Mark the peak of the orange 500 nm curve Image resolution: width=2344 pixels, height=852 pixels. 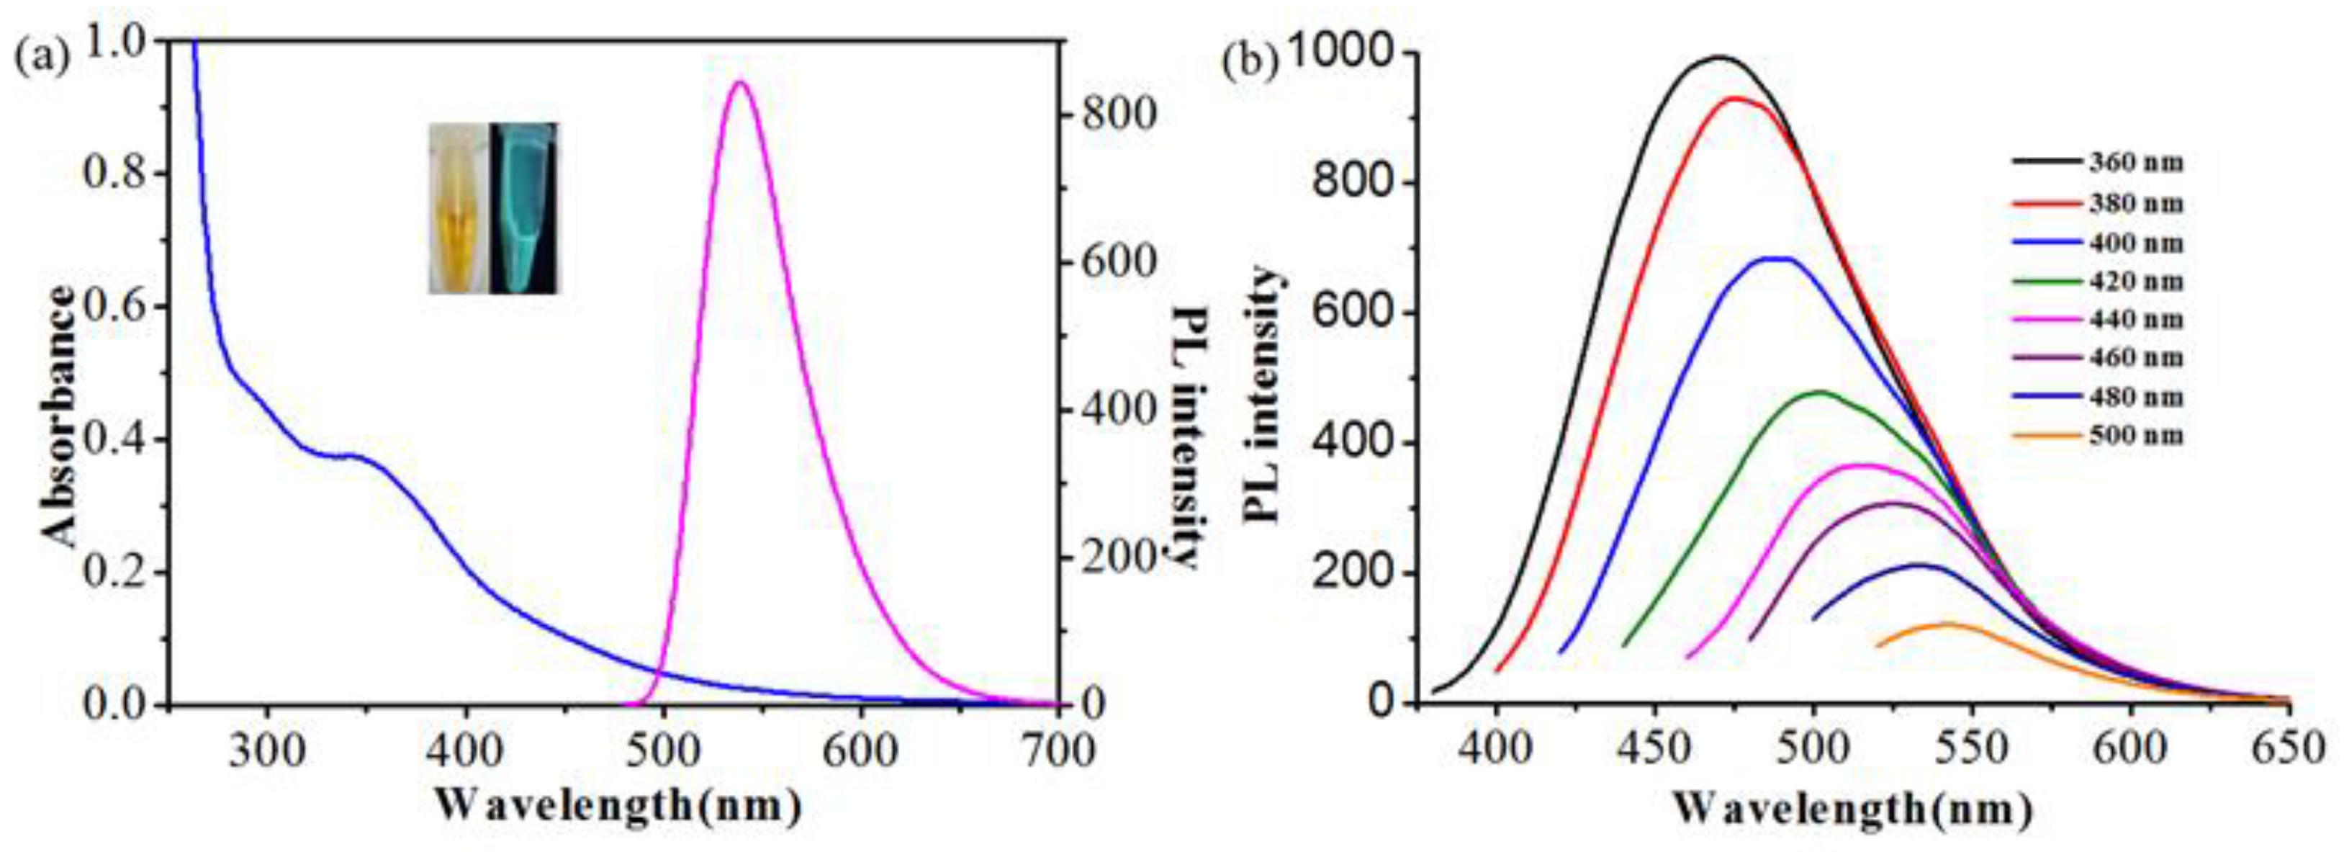point(1947,624)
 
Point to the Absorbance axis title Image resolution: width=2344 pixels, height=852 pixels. point(62,416)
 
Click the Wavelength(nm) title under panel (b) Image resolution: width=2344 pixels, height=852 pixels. point(1852,807)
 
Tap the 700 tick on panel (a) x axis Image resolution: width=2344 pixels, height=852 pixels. point(1059,752)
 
